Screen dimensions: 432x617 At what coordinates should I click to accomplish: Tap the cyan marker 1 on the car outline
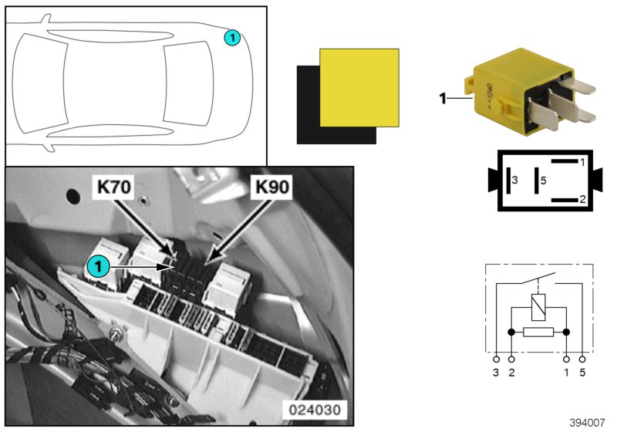click(231, 37)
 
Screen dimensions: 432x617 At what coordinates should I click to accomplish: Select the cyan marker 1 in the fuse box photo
click(96, 266)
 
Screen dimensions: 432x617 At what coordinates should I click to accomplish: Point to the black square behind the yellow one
click(308, 116)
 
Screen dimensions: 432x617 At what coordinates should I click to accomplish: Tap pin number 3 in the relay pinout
click(515, 180)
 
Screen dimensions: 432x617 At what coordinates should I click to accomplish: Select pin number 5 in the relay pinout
click(543, 180)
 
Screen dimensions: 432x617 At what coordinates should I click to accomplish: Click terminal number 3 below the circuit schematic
click(497, 373)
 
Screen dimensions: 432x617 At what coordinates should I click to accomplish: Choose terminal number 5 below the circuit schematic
click(582, 373)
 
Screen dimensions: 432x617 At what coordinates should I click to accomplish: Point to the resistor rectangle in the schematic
click(538, 332)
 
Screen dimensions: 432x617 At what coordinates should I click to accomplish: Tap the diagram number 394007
click(588, 423)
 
